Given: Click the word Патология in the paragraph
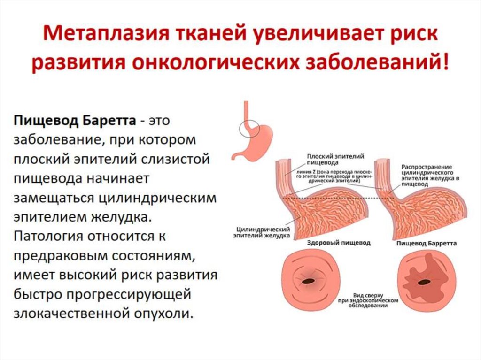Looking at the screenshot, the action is pyautogui.click(x=48, y=236).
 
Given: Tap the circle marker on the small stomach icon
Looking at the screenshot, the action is pyautogui.click(x=248, y=127).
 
